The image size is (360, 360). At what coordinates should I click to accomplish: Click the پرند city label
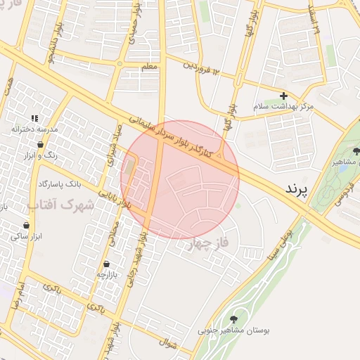coord(297,189)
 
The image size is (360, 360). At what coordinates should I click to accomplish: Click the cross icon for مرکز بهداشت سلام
coord(283,96)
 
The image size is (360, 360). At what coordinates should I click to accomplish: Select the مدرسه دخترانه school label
coord(33,129)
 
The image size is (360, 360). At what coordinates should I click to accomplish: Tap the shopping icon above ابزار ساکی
coord(27,226)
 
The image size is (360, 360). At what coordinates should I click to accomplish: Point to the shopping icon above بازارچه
coord(105,262)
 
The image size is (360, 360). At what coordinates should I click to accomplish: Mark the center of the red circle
coord(180,180)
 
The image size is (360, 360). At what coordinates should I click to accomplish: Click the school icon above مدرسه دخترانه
coord(34,119)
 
